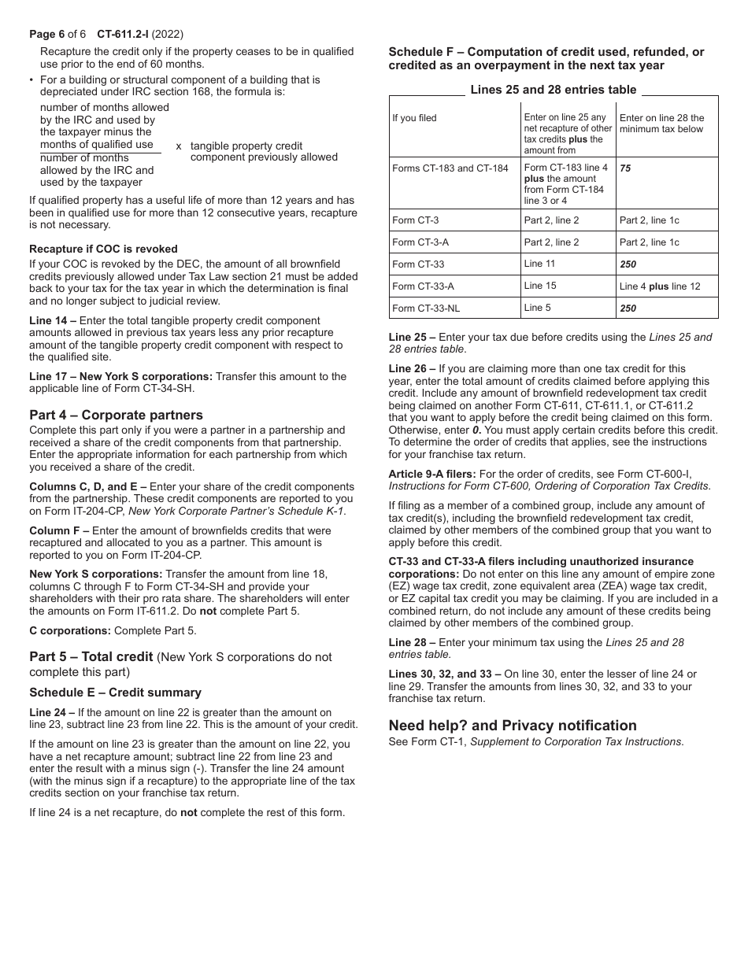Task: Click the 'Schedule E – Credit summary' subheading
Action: tap(115, 693)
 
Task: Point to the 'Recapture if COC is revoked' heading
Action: tap(103, 249)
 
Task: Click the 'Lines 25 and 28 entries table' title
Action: tap(553, 90)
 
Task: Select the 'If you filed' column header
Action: tap(414, 118)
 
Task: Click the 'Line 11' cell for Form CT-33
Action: tap(539, 264)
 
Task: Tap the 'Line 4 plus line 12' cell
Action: tap(659, 286)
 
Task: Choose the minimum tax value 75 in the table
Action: tap(625, 168)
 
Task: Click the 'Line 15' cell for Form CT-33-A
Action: tap(539, 286)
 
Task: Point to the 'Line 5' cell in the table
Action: tap(537, 308)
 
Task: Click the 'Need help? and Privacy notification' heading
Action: tap(513, 726)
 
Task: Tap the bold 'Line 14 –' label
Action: tap(53, 320)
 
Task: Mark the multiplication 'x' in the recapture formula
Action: tap(179, 146)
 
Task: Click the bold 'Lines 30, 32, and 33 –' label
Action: tap(445, 674)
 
